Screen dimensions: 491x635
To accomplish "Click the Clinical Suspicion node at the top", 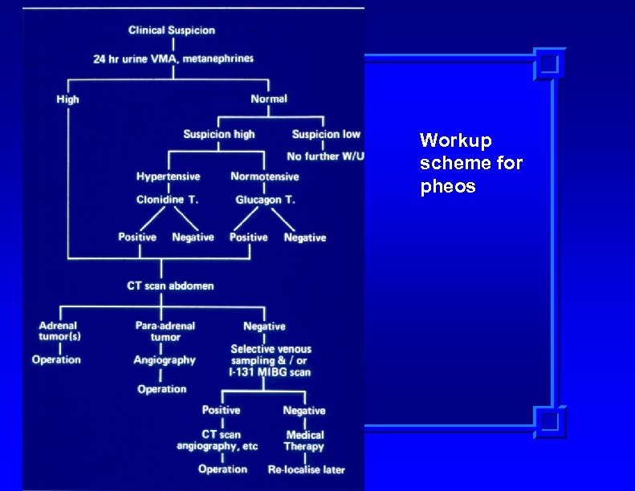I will pos(172,30).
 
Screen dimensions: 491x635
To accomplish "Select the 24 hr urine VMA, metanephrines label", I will pos(173,59).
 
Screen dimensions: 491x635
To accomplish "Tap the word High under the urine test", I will pos(68,99).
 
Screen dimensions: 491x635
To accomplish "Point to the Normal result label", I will pos(269,99).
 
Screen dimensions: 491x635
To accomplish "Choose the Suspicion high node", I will pos(219,134).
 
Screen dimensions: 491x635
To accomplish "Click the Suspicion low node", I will pos(326,134).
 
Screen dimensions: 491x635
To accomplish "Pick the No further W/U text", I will pos(325,156).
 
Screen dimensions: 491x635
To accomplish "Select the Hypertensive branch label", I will pos(168,177).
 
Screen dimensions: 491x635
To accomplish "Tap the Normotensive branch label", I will pos(265,177).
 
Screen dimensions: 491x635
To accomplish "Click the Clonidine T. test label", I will pos(167,199).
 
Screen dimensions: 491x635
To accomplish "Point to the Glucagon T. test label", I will pos(265,199).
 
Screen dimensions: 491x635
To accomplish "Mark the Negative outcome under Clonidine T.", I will pos(193,237).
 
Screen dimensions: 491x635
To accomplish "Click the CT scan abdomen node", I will pos(170,286).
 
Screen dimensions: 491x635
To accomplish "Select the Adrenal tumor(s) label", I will pos(58,331).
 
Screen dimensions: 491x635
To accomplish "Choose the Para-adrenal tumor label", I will pos(165,331).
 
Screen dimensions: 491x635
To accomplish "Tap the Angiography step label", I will pos(164,360).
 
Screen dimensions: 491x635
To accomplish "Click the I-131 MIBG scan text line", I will pos(270,372).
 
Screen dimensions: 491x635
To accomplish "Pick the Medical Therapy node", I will pos(304,440).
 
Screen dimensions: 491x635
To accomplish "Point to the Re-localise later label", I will pos(306,469).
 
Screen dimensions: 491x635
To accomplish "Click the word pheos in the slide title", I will pos(448,187).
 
